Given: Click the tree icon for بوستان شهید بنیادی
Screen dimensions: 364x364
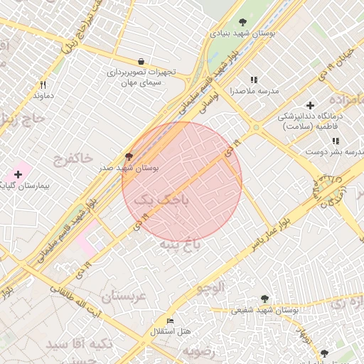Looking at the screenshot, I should click(x=244, y=23).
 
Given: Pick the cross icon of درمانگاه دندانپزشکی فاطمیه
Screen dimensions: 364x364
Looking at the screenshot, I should click(x=310, y=105).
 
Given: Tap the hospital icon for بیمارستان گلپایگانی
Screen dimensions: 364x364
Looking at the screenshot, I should click(x=18, y=174).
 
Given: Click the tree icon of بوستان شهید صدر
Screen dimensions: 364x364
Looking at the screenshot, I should click(x=129, y=156).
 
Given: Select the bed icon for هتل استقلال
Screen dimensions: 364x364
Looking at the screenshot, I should click(x=169, y=321).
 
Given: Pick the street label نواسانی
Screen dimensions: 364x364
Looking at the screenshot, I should click(x=201, y=105).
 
